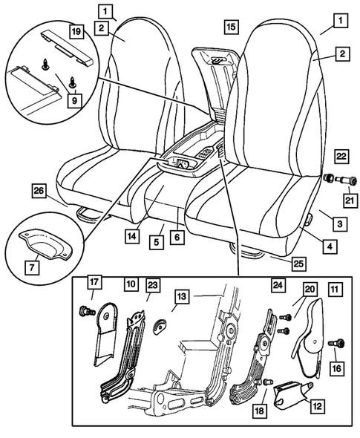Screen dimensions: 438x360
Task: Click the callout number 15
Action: coord(230,27)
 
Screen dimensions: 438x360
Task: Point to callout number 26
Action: coord(39,191)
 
